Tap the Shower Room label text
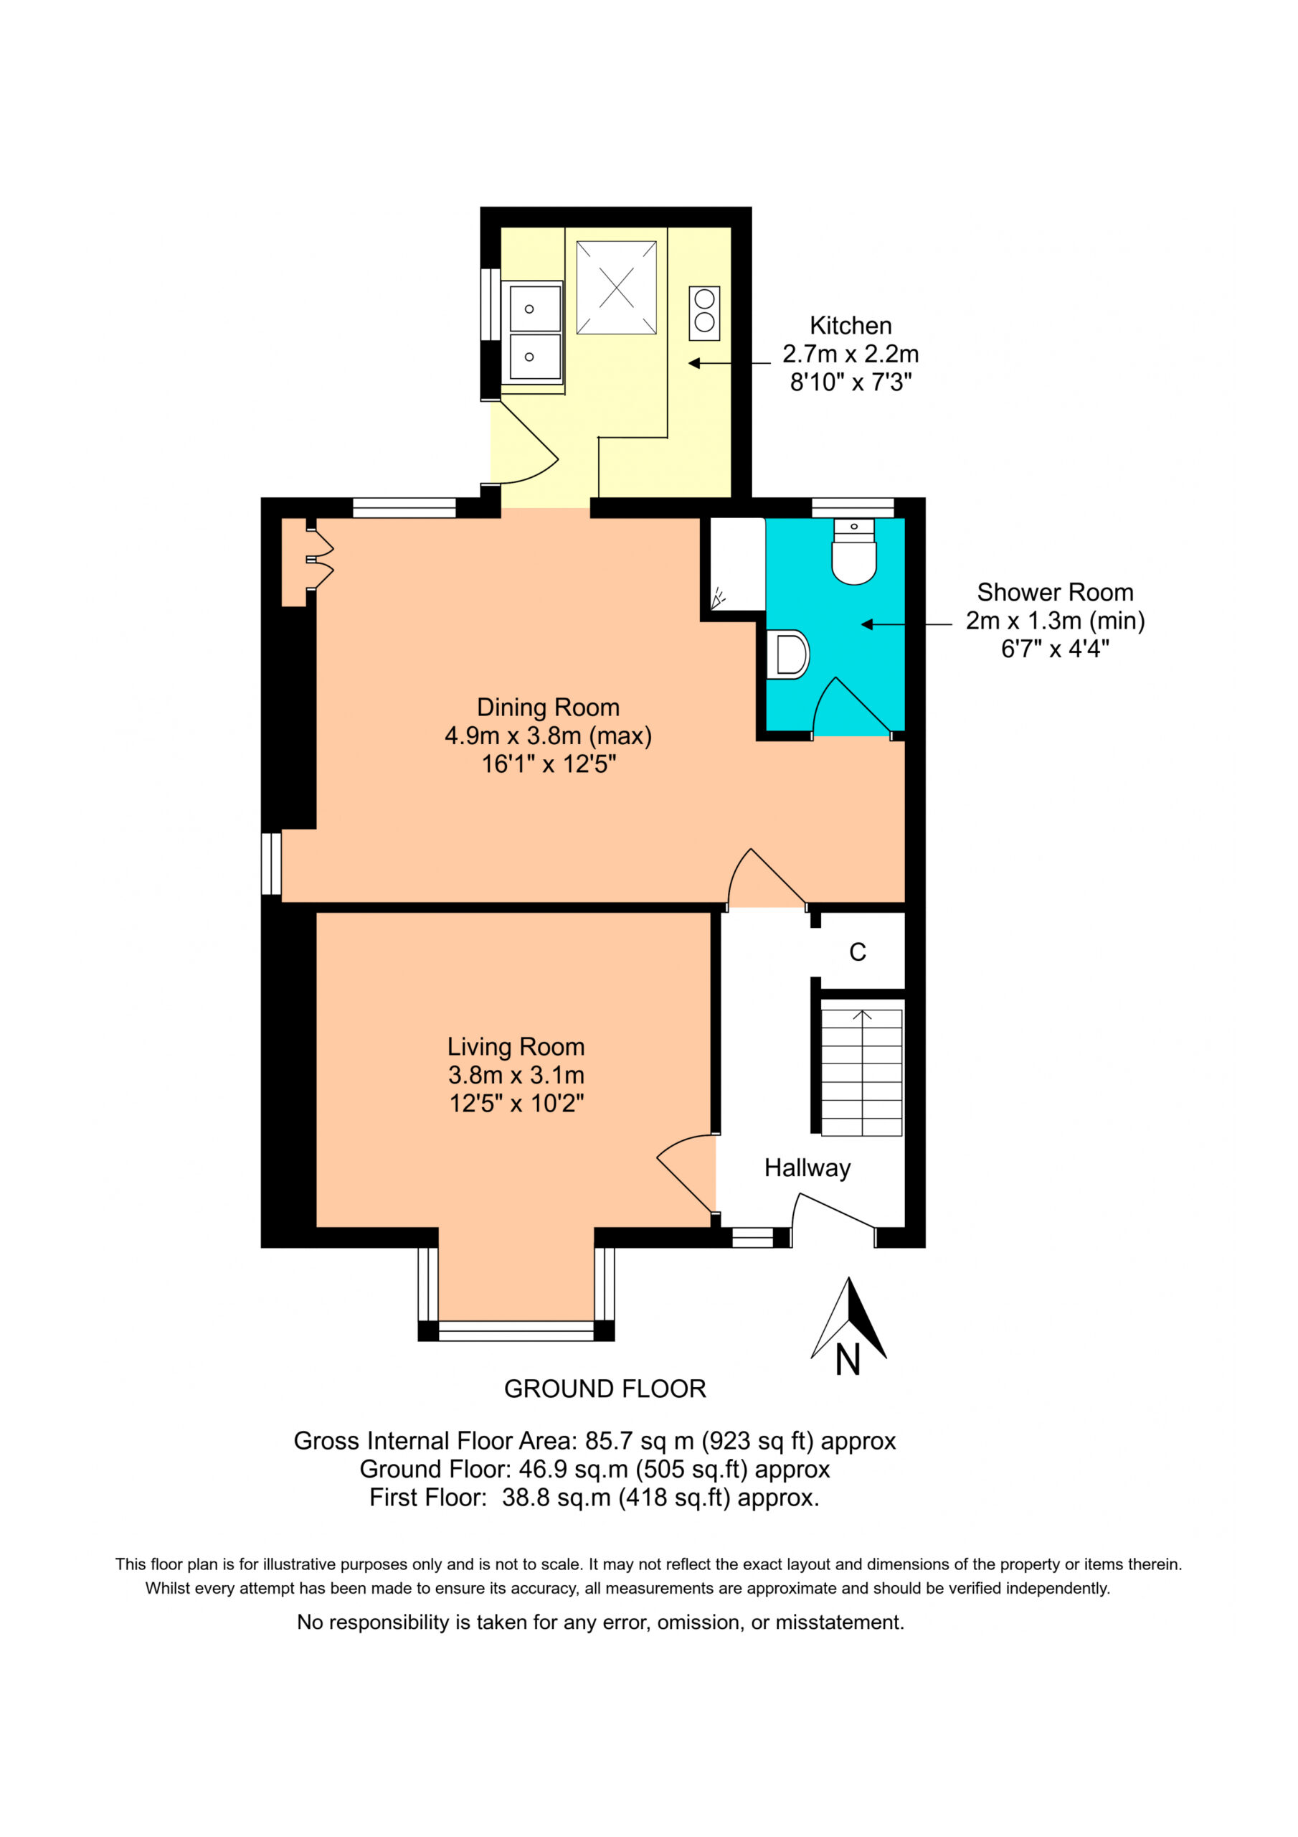(x=1055, y=592)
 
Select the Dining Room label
(x=548, y=708)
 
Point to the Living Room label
(x=516, y=1046)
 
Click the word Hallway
(x=807, y=1168)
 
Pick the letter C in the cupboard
(x=858, y=952)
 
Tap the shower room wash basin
(x=787, y=654)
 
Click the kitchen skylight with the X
(x=617, y=288)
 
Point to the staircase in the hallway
(x=861, y=1072)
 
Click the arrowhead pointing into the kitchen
(x=694, y=363)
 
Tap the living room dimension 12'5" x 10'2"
(x=516, y=1104)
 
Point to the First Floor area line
(x=594, y=1498)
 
